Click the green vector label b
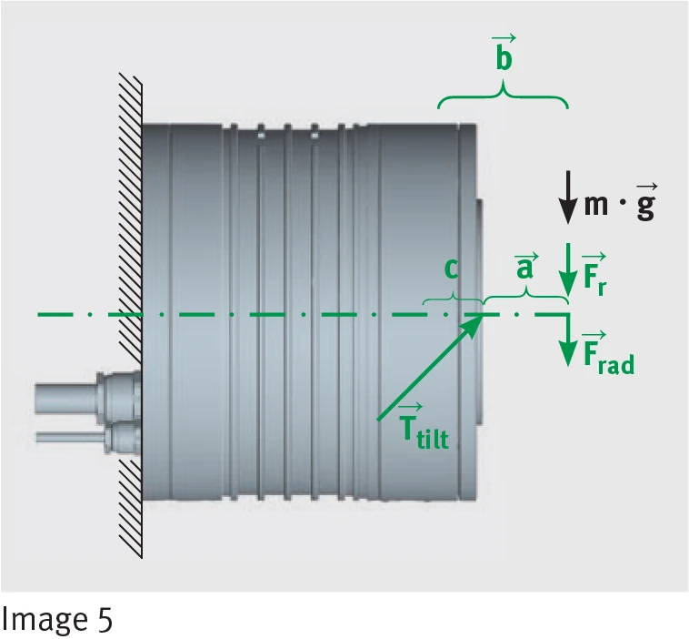coord(504,53)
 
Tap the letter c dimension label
coord(451,269)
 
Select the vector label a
coord(525,266)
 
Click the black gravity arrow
coord(568,198)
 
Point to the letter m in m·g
coord(596,204)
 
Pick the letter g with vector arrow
coord(646,202)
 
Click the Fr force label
coord(595,274)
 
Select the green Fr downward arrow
coord(568,269)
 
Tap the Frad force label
coord(609,352)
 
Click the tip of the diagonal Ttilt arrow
coord(484,315)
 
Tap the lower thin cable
coord(69,438)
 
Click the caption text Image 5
coord(57,620)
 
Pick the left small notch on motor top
coord(261,135)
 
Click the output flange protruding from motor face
coord(479,311)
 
